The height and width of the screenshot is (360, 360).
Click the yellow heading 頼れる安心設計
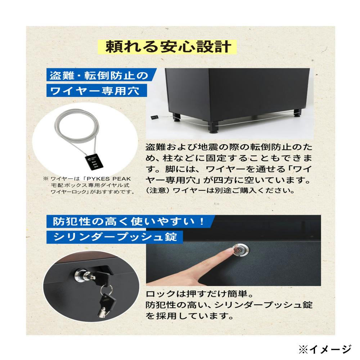(x=168, y=47)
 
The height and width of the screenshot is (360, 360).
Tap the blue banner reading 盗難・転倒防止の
(x=99, y=76)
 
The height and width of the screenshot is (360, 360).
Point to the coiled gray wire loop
(x=81, y=130)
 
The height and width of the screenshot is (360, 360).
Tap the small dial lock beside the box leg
(x=154, y=117)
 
